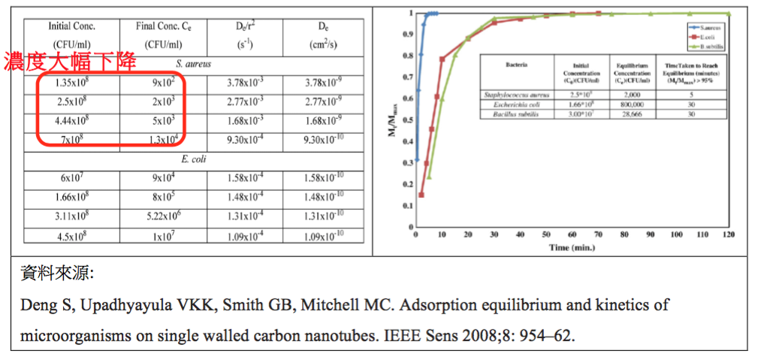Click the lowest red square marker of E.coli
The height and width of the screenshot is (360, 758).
pyautogui.click(x=421, y=195)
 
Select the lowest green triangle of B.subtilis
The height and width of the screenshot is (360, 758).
pyautogui.click(x=430, y=177)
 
